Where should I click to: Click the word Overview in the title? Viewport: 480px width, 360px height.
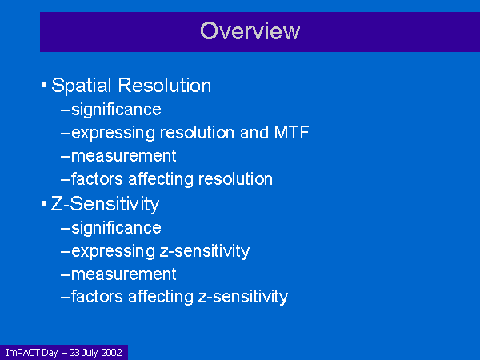[x=250, y=31]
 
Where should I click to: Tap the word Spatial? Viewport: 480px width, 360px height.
[x=81, y=86]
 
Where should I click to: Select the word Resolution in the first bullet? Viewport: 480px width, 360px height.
[x=165, y=85]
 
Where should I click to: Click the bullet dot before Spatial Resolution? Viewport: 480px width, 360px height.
[x=44, y=85]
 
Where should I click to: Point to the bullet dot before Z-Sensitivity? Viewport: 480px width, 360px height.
[x=44, y=203]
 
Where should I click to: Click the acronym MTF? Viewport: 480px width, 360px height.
[x=291, y=133]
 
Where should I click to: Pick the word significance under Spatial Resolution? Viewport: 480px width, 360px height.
[x=116, y=110]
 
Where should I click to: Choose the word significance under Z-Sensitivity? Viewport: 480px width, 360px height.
[x=116, y=228]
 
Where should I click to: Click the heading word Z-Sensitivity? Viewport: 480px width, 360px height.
[x=105, y=204]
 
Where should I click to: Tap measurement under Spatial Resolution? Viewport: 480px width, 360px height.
[x=124, y=156]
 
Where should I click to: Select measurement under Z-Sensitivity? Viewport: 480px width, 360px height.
[x=124, y=274]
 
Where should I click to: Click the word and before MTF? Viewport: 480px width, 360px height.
[x=254, y=133]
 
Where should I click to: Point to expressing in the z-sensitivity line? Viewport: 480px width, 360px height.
[x=114, y=252]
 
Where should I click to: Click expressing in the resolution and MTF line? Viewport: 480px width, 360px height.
[x=114, y=134]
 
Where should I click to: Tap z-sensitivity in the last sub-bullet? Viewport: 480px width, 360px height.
[x=243, y=298]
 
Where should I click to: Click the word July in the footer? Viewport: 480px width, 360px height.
[x=90, y=353]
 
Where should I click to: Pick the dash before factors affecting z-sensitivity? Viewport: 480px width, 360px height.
[x=66, y=298]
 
